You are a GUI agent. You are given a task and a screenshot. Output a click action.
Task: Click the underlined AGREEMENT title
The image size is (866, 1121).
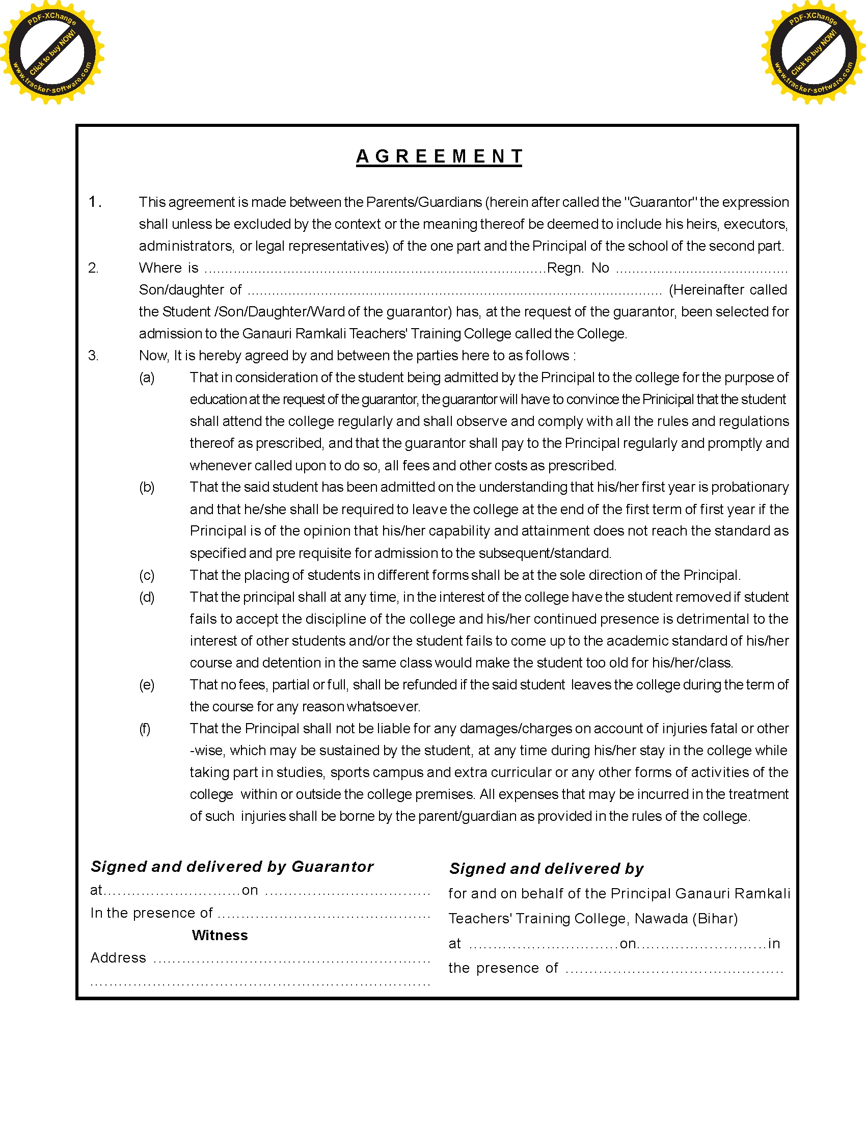pos(439,156)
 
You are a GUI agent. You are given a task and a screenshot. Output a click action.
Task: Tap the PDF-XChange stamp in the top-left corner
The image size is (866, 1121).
pos(52,52)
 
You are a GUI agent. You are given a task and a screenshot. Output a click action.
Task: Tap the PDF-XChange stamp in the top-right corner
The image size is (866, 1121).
pos(813,52)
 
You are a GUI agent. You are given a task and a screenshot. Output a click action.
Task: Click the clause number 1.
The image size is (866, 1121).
pos(94,202)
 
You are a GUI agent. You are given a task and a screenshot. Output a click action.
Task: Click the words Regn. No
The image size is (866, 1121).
pos(578,268)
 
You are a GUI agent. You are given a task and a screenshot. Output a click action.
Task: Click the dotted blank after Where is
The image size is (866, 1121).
pos(374,269)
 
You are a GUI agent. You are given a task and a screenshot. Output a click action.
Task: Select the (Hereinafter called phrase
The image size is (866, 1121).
pos(727,290)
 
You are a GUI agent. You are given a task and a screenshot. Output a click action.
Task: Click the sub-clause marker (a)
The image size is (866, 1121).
pos(147,378)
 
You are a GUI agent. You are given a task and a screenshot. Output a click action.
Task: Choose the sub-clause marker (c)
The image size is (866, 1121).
pos(147,575)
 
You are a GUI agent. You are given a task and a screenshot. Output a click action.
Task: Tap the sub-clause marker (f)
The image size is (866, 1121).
pos(145,729)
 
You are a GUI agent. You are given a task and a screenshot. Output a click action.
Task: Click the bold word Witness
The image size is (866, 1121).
pos(220,935)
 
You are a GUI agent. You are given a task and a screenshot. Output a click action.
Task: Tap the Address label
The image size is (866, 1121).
pos(118,958)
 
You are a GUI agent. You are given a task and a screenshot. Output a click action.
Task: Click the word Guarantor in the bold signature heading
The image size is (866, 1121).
pos(333,867)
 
